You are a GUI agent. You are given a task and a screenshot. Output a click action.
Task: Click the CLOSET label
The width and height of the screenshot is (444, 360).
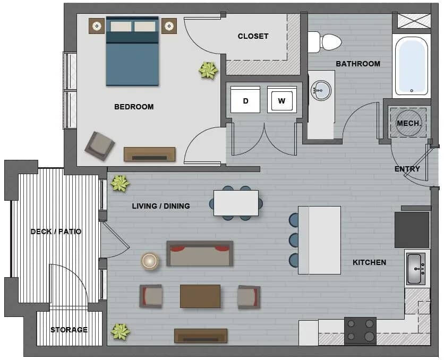pos(253,36)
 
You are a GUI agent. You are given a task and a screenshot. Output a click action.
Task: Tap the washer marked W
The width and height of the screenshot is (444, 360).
pos(281,100)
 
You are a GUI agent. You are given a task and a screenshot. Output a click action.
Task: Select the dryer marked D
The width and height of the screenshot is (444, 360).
pos(245,100)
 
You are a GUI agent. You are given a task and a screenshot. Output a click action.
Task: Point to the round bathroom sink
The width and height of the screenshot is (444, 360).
pos(321,90)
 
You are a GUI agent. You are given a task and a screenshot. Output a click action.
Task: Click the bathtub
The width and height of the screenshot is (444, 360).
pos(412,66)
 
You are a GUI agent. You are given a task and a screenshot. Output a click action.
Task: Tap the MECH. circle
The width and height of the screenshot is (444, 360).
pos(408,123)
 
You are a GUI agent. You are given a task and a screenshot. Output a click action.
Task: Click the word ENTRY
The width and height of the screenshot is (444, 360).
pos(407,169)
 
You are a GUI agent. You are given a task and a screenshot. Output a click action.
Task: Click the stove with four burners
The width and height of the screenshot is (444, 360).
pos(360,331)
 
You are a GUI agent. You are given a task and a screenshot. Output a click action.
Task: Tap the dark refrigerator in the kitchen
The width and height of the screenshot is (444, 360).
pos(412,230)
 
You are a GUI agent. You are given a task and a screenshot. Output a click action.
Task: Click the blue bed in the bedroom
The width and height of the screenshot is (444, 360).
pos(132,51)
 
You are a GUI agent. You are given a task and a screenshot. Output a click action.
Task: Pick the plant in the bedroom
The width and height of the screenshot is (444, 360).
pos(208,70)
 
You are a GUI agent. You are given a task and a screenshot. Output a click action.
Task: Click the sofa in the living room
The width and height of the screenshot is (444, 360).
pos(200,254)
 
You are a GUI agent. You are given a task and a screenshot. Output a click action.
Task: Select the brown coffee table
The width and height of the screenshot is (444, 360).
pos(200,296)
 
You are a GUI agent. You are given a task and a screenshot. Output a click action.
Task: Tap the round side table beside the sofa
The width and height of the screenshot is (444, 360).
pos(150,261)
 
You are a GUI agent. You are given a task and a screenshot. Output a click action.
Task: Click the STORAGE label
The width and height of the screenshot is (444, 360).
pos(69,330)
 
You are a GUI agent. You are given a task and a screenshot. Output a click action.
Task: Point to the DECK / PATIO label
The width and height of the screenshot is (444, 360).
pos(56,232)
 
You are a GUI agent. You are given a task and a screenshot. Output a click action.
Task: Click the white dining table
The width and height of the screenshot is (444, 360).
pos(236,203)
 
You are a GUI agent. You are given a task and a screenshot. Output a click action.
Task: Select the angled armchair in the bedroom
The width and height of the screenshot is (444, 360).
pos(100,146)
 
